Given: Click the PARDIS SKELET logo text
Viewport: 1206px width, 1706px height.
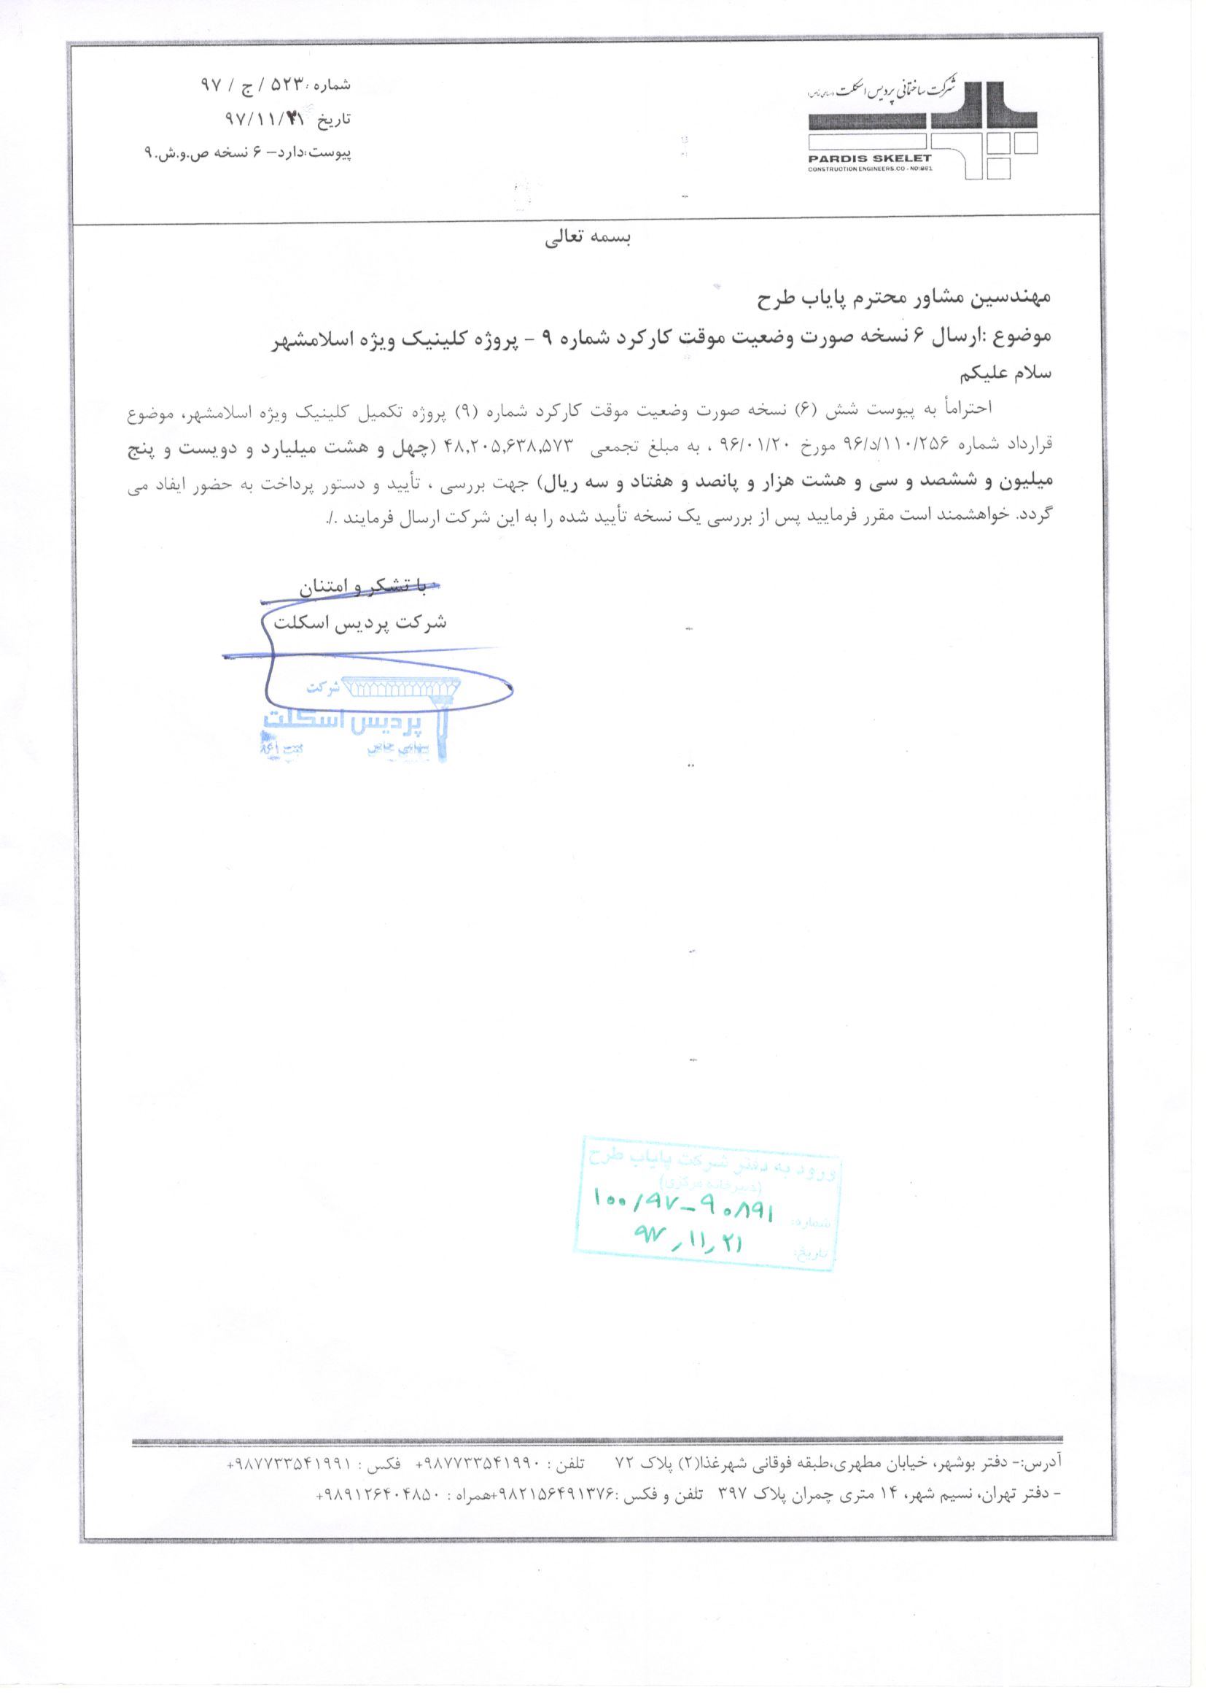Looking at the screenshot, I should coord(870,158).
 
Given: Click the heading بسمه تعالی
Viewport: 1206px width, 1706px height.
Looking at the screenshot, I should coord(588,239).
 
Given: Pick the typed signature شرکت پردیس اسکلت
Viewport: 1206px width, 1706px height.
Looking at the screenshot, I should coord(359,622).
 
